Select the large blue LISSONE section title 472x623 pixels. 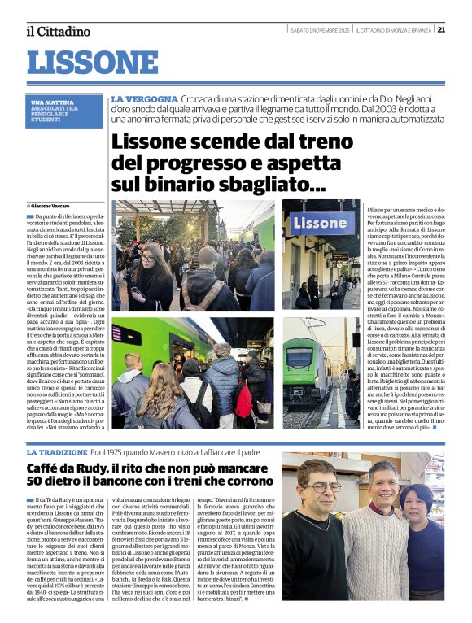click(93, 62)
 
